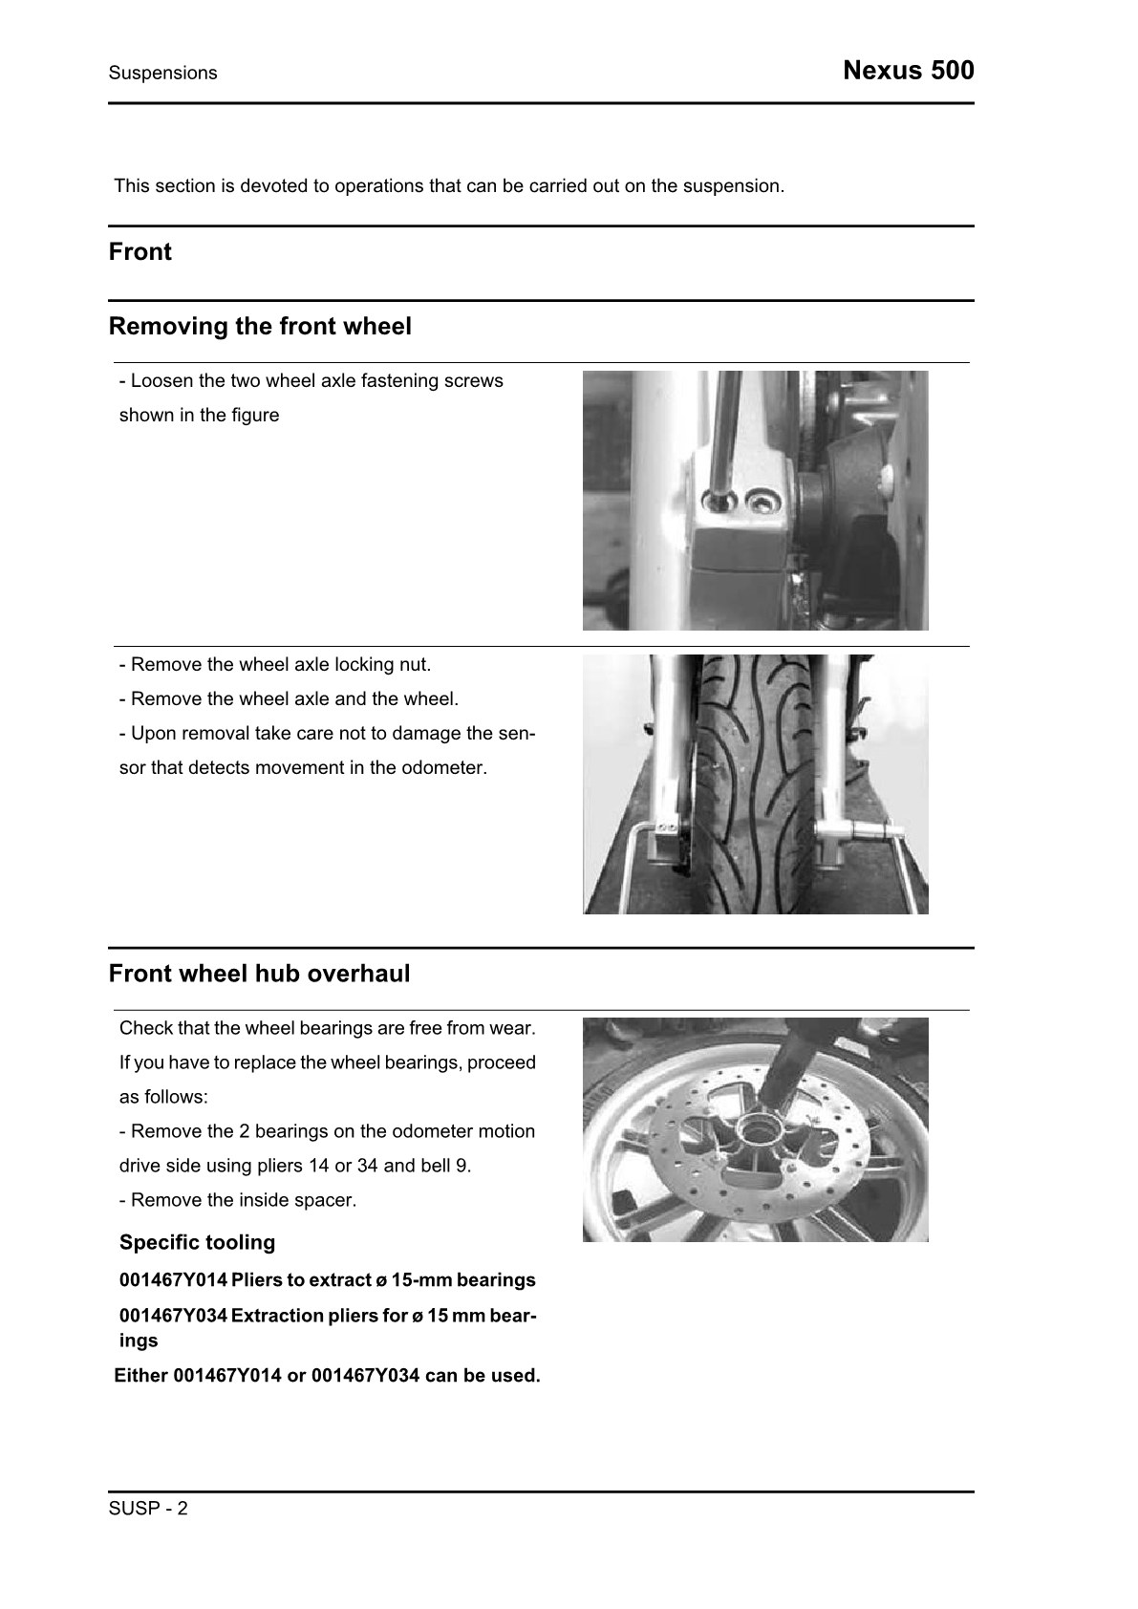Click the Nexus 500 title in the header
click(908, 71)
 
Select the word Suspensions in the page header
click(162, 74)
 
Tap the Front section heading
click(140, 252)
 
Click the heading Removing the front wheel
click(260, 327)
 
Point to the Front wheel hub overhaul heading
click(259, 975)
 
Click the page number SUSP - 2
click(148, 1509)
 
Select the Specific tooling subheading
click(197, 1243)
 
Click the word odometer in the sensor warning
click(447, 768)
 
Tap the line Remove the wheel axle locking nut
click(275, 665)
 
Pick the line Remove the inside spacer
click(238, 1200)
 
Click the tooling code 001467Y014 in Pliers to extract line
click(173, 1280)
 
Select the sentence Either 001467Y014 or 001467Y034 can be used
click(327, 1377)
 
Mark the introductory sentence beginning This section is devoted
click(449, 186)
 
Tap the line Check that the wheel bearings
click(327, 1028)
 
